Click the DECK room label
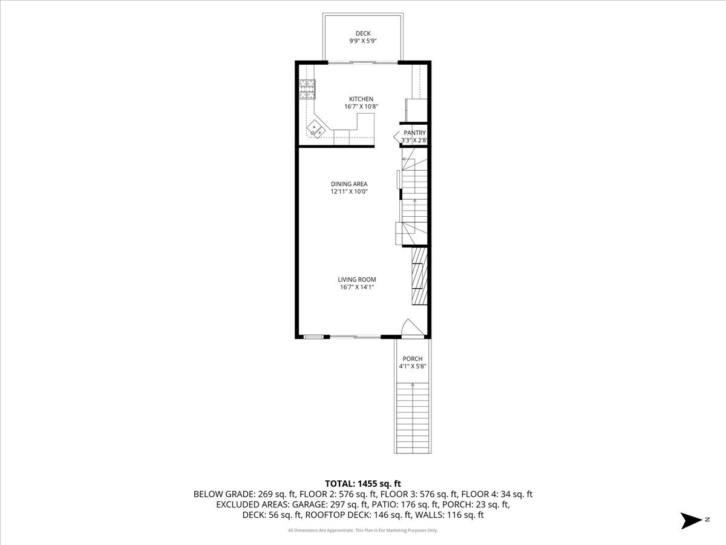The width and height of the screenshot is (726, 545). click(363, 33)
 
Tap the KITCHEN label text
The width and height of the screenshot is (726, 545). click(361, 99)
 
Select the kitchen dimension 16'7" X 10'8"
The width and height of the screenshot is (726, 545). click(361, 107)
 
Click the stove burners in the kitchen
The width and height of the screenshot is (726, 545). click(307, 89)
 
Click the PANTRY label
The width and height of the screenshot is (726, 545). click(414, 133)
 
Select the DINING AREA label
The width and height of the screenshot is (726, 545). click(349, 184)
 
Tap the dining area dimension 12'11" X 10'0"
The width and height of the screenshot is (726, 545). click(349, 192)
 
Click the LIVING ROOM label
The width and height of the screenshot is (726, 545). click(357, 279)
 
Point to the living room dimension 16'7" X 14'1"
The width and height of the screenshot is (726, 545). click(357, 287)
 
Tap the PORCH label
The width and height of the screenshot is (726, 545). click(413, 358)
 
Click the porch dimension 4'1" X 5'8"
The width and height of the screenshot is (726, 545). click(413, 366)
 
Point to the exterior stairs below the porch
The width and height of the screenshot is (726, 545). click(413, 418)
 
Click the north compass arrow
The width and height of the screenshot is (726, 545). click(690, 520)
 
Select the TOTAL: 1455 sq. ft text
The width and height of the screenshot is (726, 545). click(363, 483)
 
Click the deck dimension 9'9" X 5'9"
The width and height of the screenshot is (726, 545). click(363, 42)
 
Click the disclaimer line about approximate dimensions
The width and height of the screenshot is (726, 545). click(363, 530)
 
